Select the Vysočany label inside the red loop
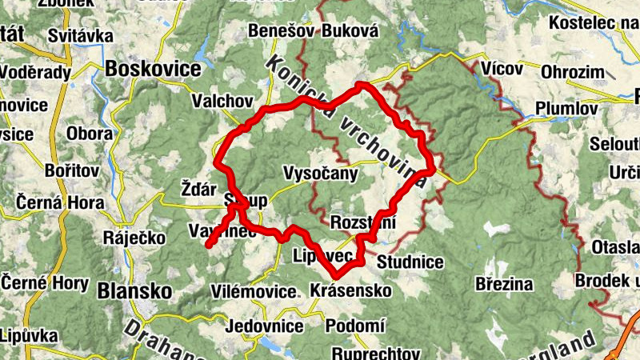[x=320, y=173]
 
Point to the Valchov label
[x=222, y=102]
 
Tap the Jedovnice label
[x=264, y=326]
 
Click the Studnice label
[x=410, y=261]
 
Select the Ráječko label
[x=134, y=238]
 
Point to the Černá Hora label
[x=52, y=203]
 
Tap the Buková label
[x=350, y=31]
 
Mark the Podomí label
[x=356, y=326]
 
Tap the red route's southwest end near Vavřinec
[x=208, y=246]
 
